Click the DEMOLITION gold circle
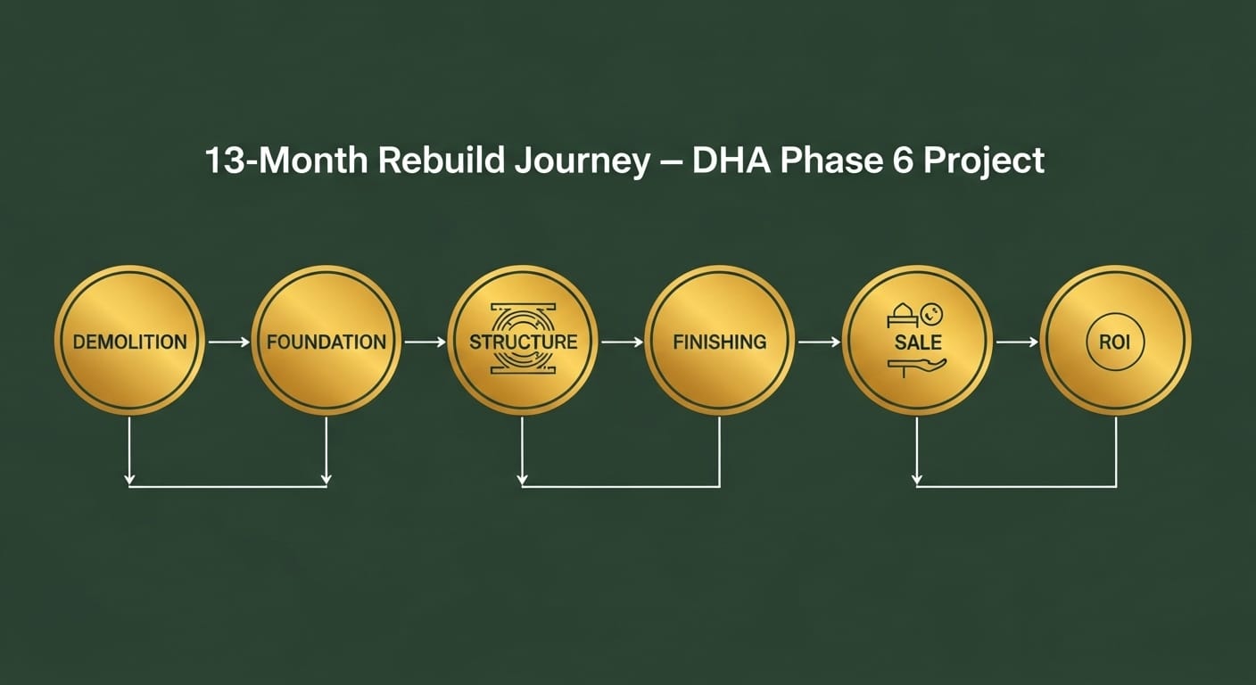coord(129,341)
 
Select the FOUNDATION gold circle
coord(326,341)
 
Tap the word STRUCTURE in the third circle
coord(523,341)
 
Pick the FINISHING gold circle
coord(719,341)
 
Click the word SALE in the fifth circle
coord(917,342)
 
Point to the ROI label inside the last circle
coord(1115,341)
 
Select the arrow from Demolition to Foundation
coord(228,341)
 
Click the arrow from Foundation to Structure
coord(425,341)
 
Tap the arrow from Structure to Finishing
coord(622,341)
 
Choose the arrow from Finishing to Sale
coord(819,341)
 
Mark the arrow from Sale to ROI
coord(1017,341)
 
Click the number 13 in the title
coord(223,161)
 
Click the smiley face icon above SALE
coord(931,314)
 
